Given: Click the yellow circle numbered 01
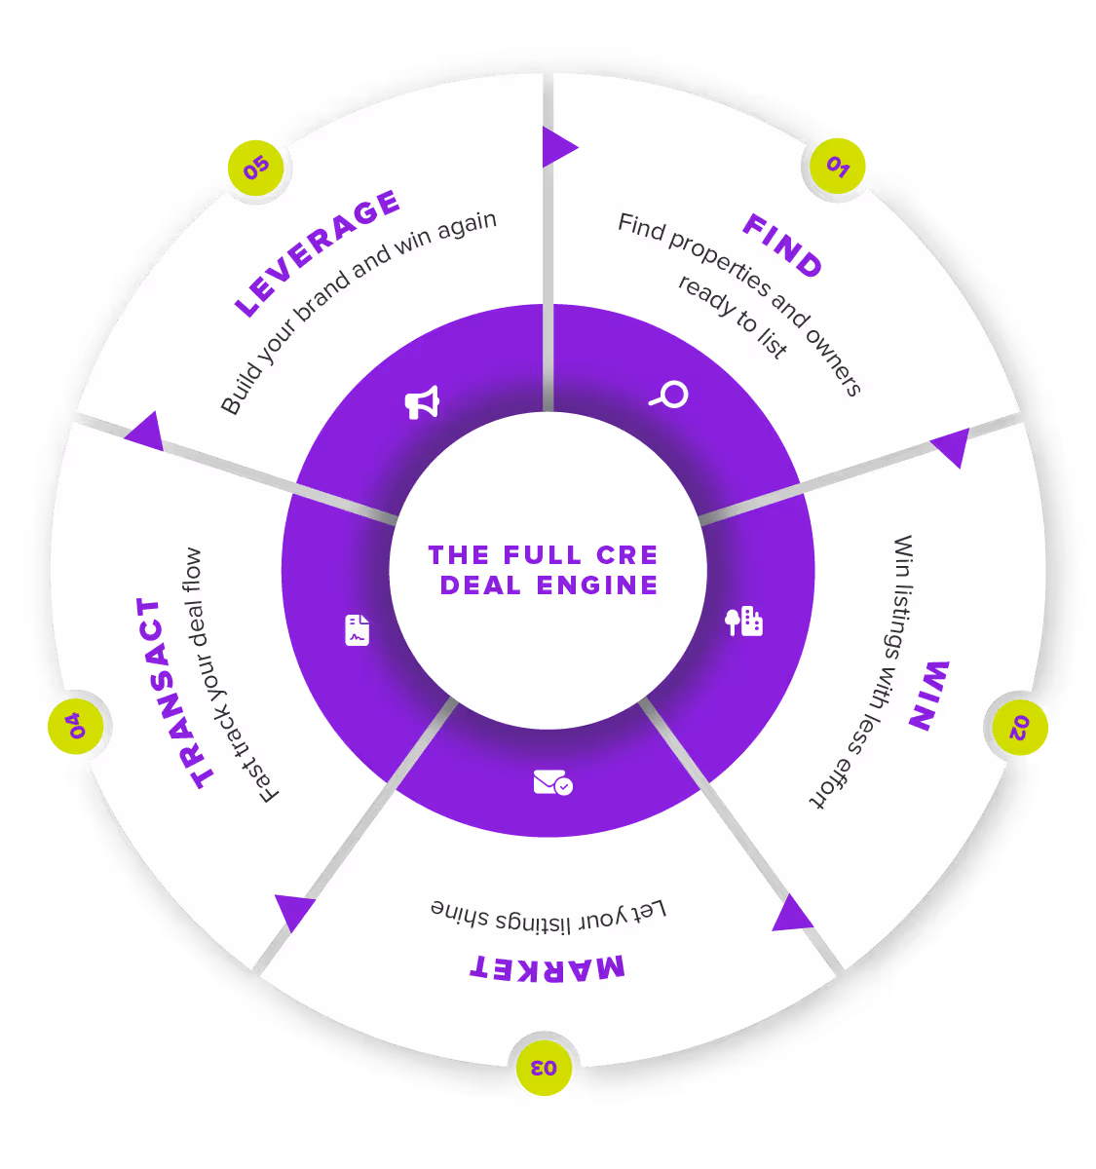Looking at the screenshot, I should pyautogui.click(x=838, y=167).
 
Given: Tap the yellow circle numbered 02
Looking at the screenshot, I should pyautogui.click(x=1018, y=727).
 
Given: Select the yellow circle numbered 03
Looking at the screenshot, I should pyautogui.click(x=544, y=1067).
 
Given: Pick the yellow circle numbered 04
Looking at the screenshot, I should pyautogui.click(x=76, y=726).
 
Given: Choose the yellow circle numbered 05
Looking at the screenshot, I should pyautogui.click(x=256, y=168).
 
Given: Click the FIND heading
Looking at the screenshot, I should pyautogui.click(x=783, y=245).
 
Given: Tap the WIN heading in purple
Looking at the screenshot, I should pyautogui.click(x=928, y=695).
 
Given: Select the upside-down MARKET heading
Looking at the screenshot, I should pyautogui.click(x=548, y=966).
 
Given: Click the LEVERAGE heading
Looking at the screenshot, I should pyautogui.click(x=318, y=253).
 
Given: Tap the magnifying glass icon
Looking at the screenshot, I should pyautogui.click(x=669, y=395).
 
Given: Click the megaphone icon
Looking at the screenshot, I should pyautogui.click(x=422, y=401).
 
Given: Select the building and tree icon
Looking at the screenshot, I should pyautogui.click(x=744, y=622).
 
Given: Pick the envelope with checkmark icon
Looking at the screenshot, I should pyautogui.click(x=552, y=782).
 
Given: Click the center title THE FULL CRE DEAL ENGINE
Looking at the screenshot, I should pyautogui.click(x=544, y=570).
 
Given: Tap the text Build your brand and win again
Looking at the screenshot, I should pyautogui.click(x=359, y=312).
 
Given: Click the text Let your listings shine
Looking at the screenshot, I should pyautogui.click(x=548, y=915).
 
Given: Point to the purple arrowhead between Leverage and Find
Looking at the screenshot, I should pyautogui.click(x=558, y=147).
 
